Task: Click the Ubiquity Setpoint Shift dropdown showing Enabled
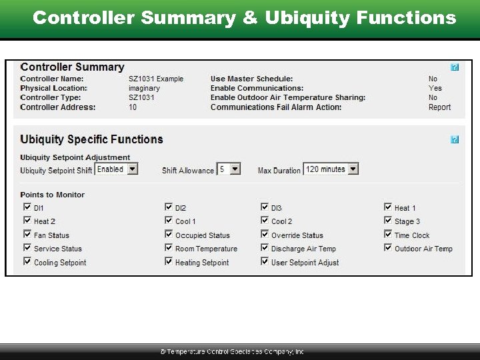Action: coord(117,169)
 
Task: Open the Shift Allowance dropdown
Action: coord(229,169)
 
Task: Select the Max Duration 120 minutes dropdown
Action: coord(331,169)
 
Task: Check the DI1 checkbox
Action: coord(27,207)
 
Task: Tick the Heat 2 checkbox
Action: coord(27,221)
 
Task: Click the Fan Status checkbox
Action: coord(27,235)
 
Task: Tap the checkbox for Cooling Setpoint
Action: coord(27,262)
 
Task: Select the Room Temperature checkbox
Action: coord(169,248)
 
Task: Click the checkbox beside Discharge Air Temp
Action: coord(265,248)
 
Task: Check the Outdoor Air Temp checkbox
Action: coord(388,248)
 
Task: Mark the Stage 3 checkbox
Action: coord(388,221)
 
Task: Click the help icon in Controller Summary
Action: coord(455,67)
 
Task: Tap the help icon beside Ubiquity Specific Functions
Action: coord(455,139)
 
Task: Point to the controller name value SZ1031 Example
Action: coord(156,79)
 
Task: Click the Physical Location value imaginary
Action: coord(144,88)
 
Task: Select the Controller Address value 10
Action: coord(133,107)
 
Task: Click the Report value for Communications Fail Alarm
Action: coord(439,107)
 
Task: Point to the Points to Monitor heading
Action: coord(53,195)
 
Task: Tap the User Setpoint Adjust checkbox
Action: coord(265,262)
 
